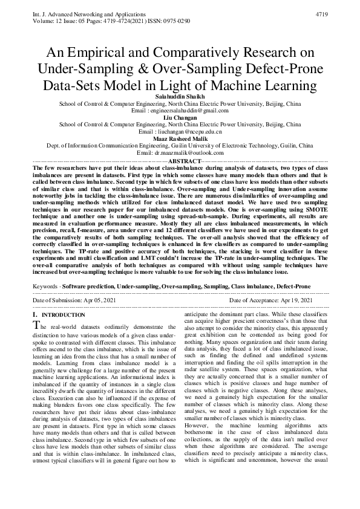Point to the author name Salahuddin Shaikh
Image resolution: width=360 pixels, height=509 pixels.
click(180, 97)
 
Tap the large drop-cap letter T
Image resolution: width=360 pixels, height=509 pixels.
click(36, 326)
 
